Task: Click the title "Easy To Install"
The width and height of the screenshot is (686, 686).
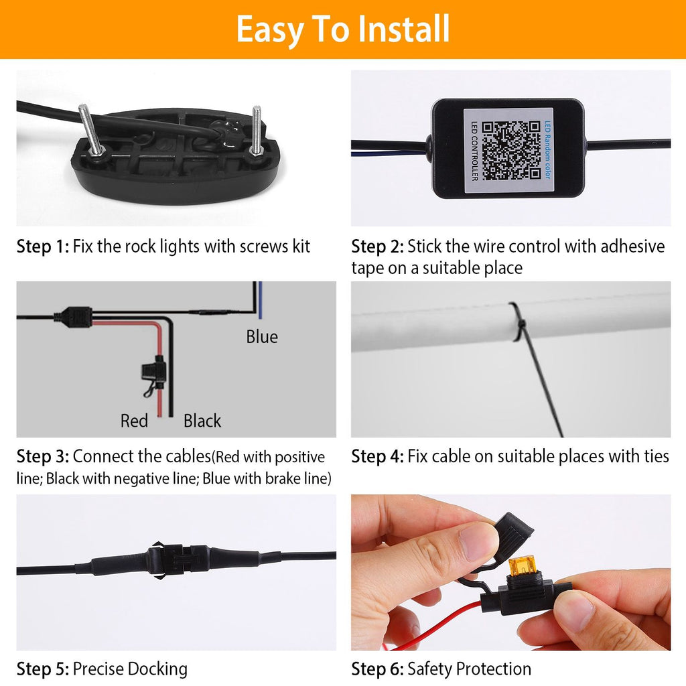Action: [342, 29]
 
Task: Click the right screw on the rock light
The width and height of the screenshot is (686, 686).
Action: [257, 131]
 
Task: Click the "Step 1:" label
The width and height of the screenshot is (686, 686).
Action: [42, 247]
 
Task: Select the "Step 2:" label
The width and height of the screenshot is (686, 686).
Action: [377, 247]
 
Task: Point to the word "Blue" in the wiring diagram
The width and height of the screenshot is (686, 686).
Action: [261, 336]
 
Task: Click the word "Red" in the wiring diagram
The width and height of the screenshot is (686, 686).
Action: [134, 421]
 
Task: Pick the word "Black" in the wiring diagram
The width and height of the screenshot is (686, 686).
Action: [202, 421]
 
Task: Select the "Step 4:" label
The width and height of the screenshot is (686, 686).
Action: [377, 457]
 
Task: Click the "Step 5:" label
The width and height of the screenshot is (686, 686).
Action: [42, 669]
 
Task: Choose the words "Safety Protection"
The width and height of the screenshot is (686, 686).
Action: [469, 669]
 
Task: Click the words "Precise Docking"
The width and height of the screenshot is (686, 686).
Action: [130, 669]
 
